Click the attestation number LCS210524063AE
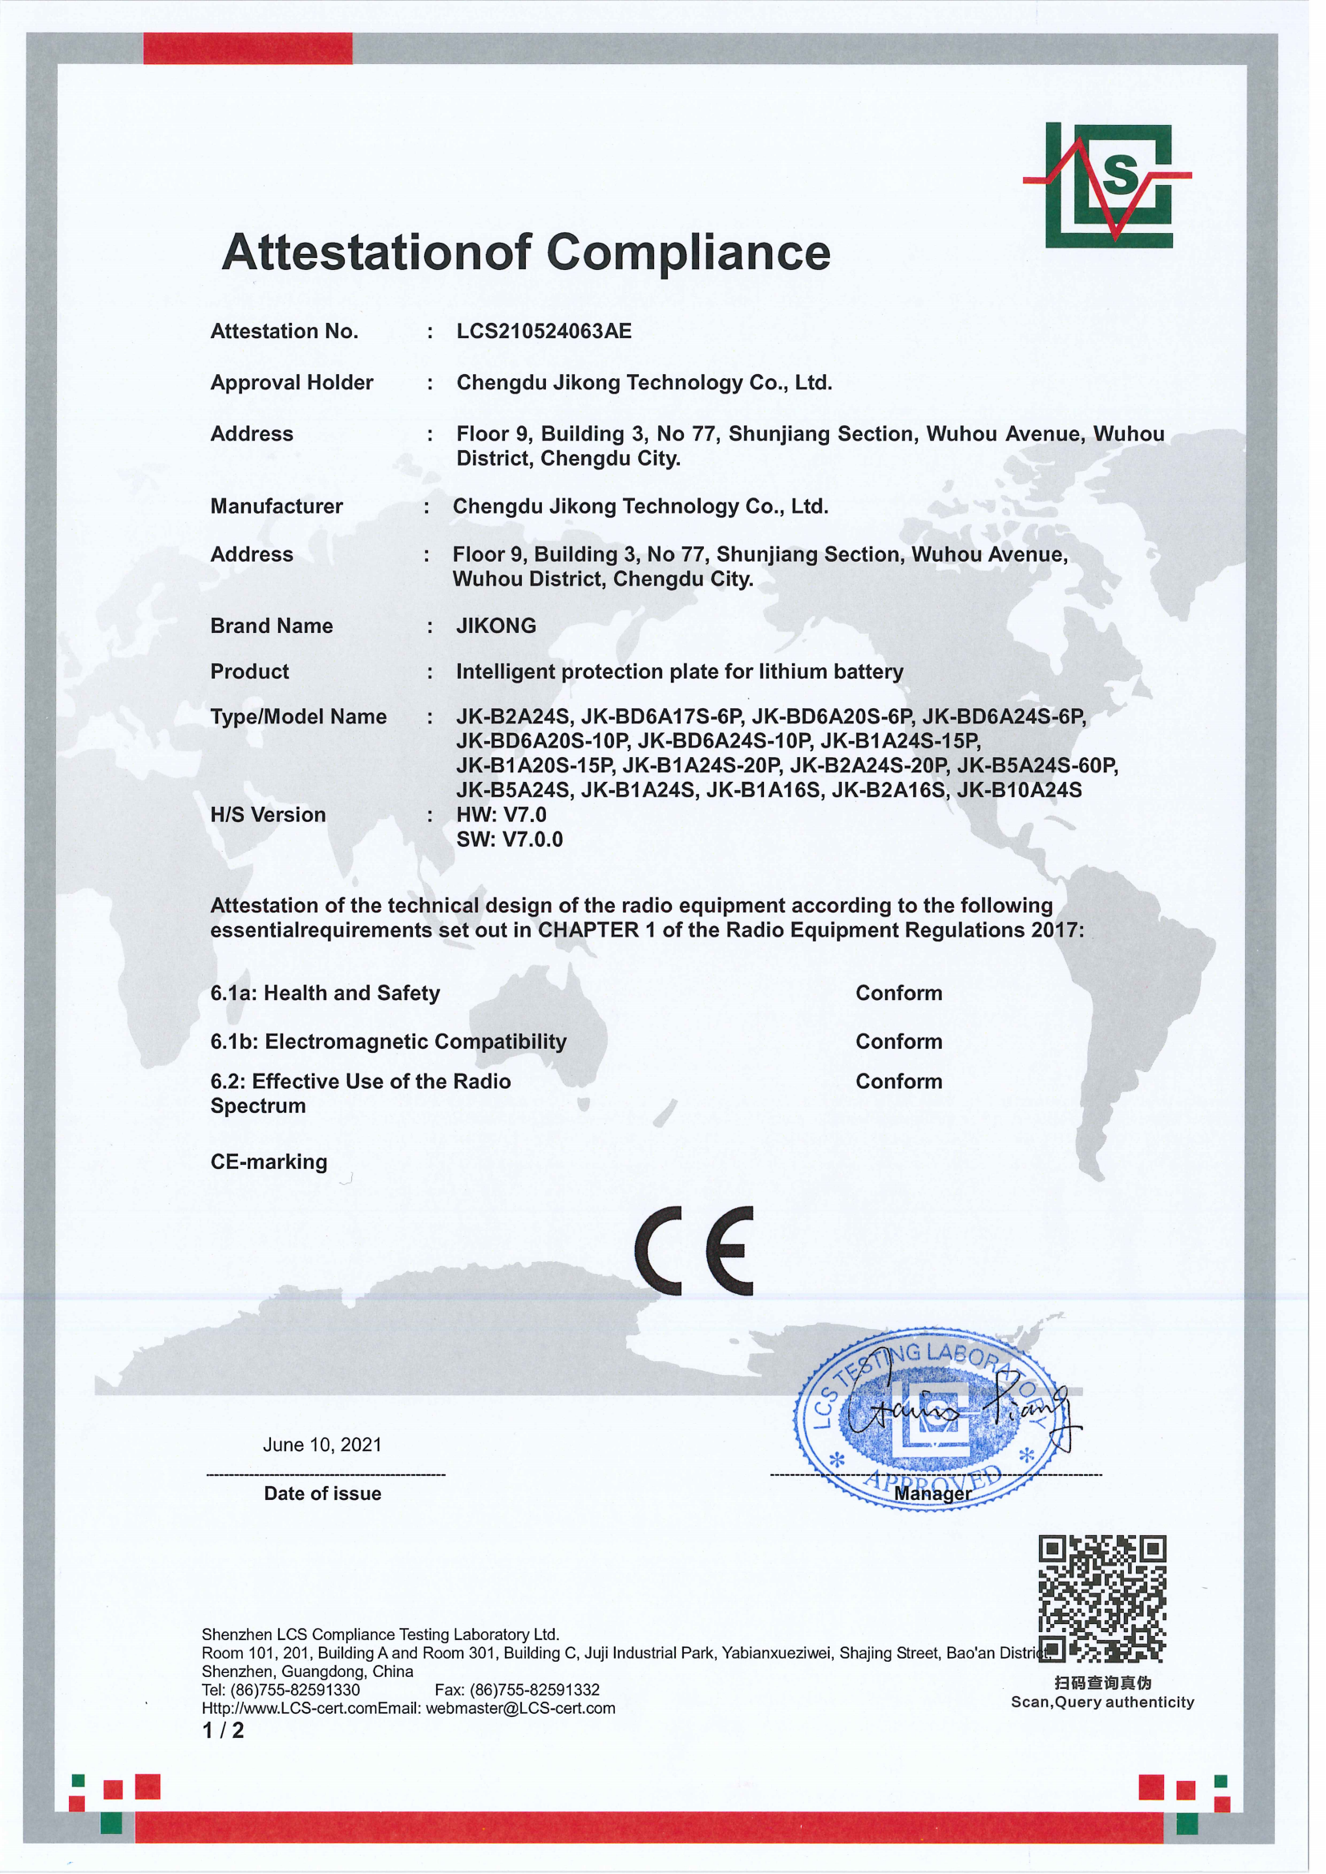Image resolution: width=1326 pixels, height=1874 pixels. [x=544, y=332]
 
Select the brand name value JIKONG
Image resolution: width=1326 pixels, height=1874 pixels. [x=495, y=626]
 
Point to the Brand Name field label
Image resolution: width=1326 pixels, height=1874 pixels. [x=272, y=626]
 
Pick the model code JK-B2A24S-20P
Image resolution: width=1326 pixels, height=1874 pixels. [x=869, y=766]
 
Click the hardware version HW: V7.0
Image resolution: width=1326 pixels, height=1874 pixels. [x=501, y=815]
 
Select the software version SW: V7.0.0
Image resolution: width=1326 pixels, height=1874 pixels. [x=510, y=839]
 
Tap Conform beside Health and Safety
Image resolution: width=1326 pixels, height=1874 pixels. [x=899, y=993]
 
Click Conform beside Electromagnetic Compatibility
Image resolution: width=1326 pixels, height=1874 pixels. [x=899, y=1042]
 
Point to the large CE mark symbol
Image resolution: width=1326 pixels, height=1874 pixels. [x=694, y=1251]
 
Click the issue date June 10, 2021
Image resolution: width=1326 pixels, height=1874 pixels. [x=322, y=1445]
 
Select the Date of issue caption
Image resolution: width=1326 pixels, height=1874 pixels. [x=322, y=1493]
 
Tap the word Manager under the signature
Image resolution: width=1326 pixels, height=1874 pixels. [x=932, y=1493]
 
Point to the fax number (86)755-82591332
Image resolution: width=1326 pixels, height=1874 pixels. [x=534, y=1690]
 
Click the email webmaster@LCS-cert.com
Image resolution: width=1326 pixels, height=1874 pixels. [x=520, y=1708]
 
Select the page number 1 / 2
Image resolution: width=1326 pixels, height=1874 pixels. [x=223, y=1731]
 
